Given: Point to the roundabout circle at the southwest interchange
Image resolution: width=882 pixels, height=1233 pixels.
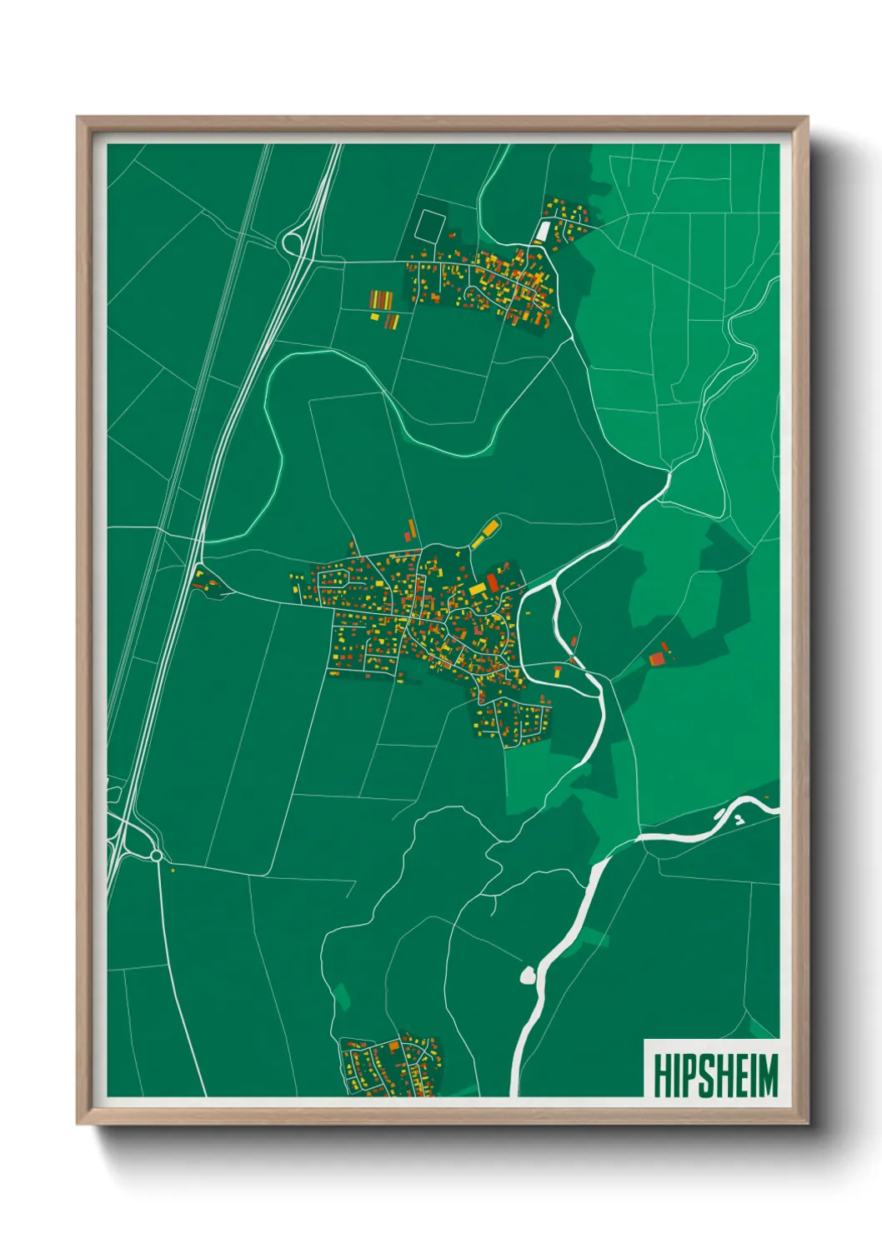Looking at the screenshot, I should tap(156, 856).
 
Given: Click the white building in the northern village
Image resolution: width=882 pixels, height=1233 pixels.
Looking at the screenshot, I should tap(543, 230).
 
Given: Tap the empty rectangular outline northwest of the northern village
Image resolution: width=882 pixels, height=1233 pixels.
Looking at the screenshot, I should tap(430, 225).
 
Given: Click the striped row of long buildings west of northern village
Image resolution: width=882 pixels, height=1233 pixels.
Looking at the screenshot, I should tap(380, 299).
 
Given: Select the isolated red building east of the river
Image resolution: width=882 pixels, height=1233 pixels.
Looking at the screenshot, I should tap(657, 659).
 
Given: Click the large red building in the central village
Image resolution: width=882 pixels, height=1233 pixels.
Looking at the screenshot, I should tap(492, 581).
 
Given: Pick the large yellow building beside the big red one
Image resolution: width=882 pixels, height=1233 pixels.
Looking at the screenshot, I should tap(477, 590).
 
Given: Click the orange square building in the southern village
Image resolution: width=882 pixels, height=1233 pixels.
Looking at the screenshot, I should tap(393, 1046).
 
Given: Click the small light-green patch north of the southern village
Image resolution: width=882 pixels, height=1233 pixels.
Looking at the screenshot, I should tap(341, 996).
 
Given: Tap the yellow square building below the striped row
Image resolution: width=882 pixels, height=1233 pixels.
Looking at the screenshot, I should tap(373, 317).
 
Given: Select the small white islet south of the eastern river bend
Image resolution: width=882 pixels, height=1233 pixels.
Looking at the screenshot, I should tap(739, 820).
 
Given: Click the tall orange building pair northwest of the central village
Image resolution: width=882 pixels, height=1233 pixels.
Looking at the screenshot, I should tap(410, 531).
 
